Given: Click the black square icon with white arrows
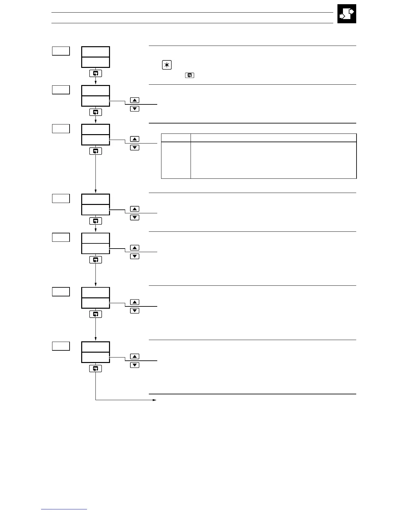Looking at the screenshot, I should point(346,14).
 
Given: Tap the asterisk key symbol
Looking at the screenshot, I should point(167,65).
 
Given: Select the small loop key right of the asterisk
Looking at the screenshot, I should point(190,75).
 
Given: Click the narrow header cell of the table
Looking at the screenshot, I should point(176,138).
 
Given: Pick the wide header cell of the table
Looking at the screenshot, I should point(273,138).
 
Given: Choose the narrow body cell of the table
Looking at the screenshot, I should point(176,160).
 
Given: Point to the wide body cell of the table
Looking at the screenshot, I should point(273,160).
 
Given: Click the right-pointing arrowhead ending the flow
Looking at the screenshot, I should point(155,400).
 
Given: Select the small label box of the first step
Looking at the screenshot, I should point(61,51).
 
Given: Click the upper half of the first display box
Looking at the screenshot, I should point(95,52).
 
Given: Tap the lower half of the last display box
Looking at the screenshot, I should point(95,357).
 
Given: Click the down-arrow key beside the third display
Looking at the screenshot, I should point(135,148).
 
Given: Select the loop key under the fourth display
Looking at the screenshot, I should point(95,221).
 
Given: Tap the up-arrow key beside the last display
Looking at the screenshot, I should point(135,357).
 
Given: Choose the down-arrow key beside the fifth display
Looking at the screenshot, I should point(135,256).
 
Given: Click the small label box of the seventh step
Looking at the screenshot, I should point(61,346).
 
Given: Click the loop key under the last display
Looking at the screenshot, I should point(95,368).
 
